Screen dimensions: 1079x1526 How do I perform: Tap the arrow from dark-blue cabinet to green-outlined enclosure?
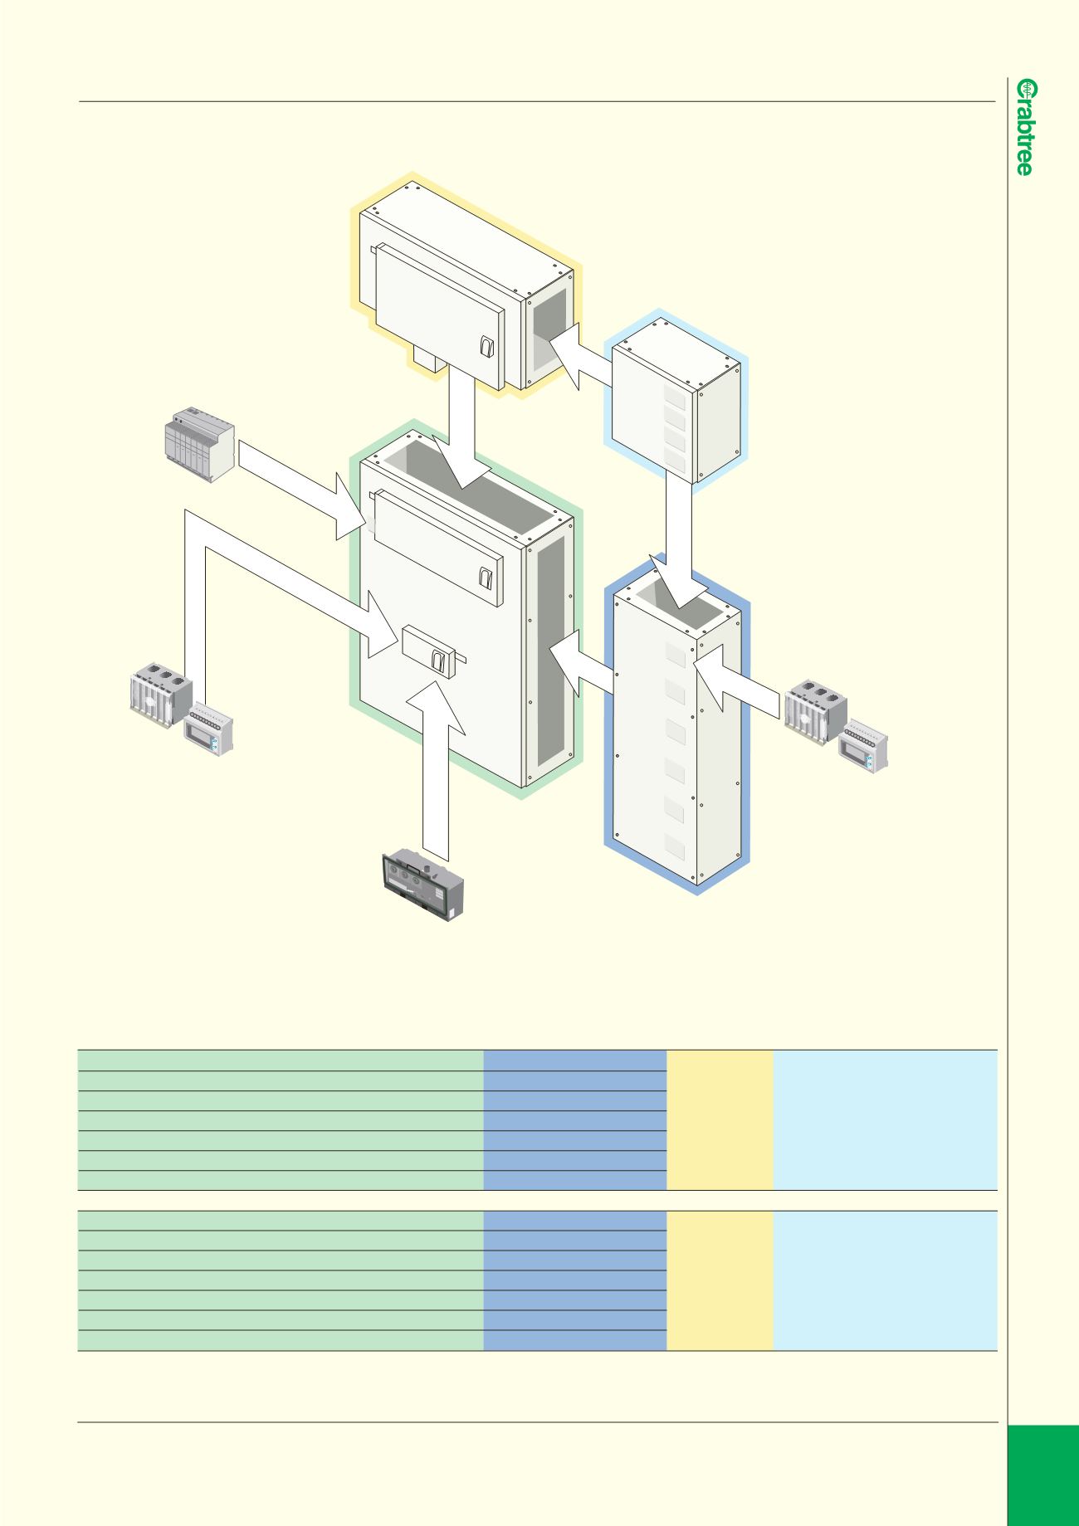click(583, 663)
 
